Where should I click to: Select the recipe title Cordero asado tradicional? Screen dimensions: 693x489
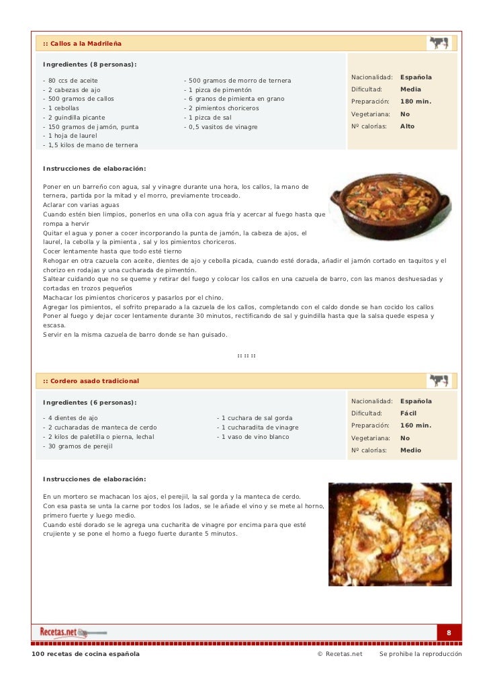(91, 381)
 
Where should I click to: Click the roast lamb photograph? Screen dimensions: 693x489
(390, 534)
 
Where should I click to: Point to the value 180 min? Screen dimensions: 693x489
(416, 101)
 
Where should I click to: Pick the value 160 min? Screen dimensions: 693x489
(416, 425)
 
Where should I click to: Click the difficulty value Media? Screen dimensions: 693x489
(410, 89)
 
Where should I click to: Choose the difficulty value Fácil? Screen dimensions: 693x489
(410, 413)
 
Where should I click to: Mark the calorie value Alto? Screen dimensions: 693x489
(408, 126)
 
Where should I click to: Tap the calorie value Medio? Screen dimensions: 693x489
(410, 450)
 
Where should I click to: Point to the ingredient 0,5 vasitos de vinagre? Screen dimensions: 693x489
(220, 126)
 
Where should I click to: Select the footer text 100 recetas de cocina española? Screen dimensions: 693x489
(86, 654)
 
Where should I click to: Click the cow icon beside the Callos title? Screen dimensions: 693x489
(438, 43)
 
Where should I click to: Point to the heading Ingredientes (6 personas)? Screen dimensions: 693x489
(89, 403)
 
